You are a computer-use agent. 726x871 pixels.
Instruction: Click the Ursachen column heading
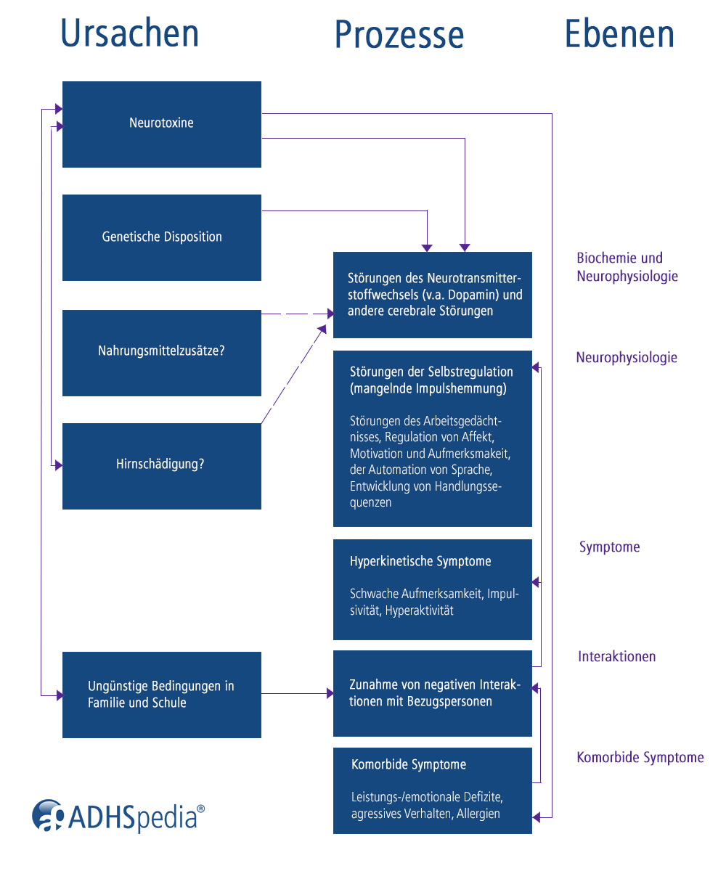130,33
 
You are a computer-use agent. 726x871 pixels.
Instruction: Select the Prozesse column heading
399,35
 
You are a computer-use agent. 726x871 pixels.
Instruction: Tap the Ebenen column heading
619,33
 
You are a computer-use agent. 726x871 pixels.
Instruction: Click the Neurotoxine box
161,123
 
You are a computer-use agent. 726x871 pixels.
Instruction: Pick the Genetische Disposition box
161,237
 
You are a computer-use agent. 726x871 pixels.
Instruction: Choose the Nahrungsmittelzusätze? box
161,352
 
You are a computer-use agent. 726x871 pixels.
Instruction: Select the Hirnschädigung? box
161,465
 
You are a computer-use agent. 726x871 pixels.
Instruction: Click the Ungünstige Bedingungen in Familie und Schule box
161,694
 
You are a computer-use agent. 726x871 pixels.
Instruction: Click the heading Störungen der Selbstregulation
431,372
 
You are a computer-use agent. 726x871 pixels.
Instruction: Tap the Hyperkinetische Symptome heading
420,562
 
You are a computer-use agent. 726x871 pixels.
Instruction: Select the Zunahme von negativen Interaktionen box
432,693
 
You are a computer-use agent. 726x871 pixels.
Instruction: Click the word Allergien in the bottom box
478,814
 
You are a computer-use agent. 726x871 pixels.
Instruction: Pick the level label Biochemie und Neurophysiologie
627,267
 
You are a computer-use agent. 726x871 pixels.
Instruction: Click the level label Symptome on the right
609,547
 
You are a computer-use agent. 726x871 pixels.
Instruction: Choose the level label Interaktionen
616,657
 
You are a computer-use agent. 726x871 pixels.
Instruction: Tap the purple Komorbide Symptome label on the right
640,758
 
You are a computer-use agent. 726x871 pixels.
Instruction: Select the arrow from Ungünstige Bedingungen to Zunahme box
296,694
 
